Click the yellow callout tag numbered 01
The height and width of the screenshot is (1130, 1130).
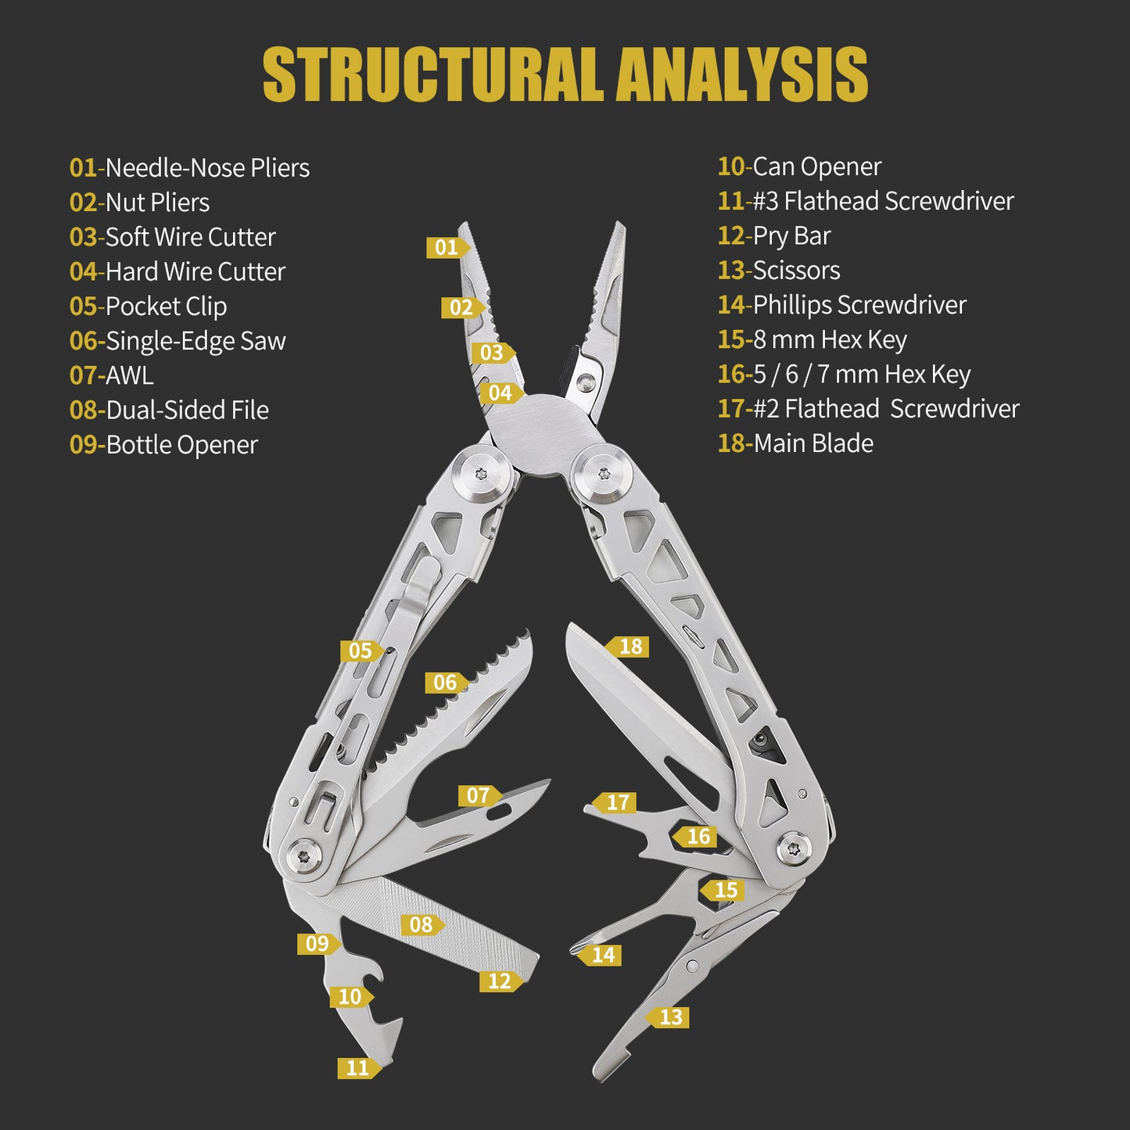click(448, 247)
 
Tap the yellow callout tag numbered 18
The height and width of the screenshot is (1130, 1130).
click(627, 647)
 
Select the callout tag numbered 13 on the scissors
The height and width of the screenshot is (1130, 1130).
click(667, 1017)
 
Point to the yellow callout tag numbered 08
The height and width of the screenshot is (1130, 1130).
click(423, 925)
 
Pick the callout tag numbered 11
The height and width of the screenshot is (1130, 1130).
click(359, 1068)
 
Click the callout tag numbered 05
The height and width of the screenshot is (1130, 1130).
click(362, 651)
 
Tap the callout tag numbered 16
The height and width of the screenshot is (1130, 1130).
click(694, 836)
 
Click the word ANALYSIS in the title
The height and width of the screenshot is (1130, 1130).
click(742, 75)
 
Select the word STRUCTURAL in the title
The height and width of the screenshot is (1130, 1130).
click(432, 75)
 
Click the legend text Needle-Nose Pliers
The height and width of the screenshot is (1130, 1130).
click(207, 168)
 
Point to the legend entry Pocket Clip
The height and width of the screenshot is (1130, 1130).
click(166, 307)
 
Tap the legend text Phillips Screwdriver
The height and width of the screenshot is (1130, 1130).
click(859, 305)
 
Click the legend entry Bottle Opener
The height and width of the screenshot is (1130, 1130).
click(181, 445)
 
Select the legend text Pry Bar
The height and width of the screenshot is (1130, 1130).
click(791, 236)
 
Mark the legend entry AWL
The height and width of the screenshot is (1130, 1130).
click(130, 376)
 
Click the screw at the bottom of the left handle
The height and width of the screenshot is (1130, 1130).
click(303, 857)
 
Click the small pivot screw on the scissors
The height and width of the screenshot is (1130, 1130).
click(693, 966)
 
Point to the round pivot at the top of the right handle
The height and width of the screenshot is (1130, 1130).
click(604, 473)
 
